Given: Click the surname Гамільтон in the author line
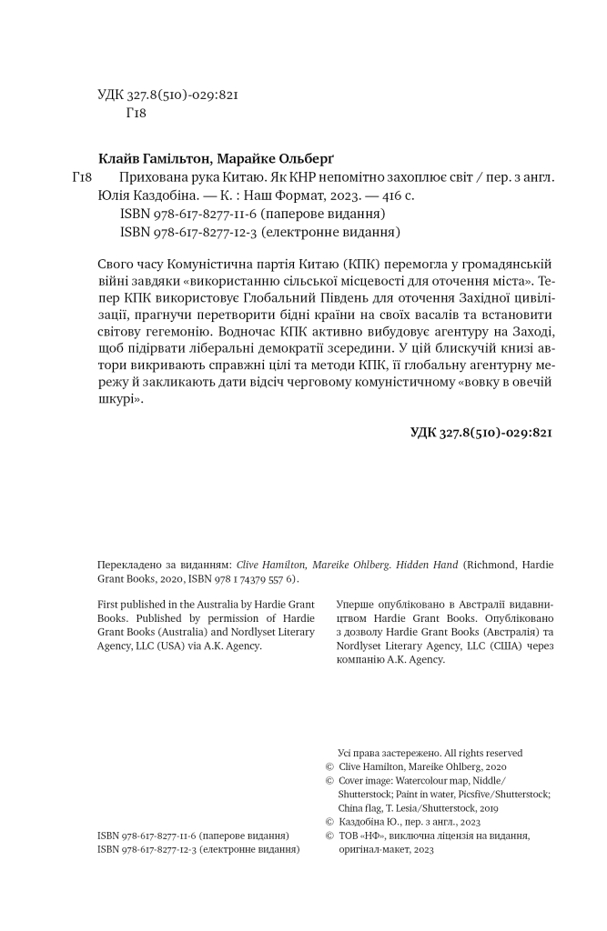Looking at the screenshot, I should click(x=178, y=155).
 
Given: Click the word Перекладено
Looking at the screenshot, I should click(x=130, y=564).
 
